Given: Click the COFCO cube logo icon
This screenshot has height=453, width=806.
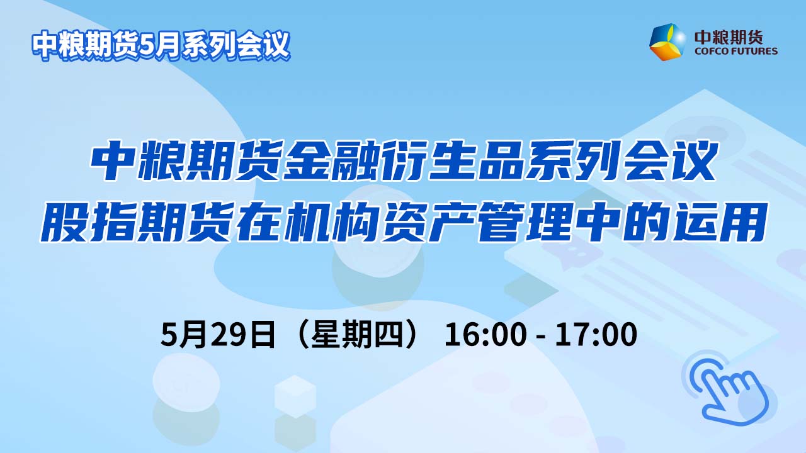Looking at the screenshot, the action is pos(667,42).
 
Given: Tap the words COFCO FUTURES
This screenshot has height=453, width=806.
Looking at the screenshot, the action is pos(736,51).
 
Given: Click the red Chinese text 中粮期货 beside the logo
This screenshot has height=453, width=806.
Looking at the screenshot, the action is pos(729,36).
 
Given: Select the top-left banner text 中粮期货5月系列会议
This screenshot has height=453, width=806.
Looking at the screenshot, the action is pos(161,45).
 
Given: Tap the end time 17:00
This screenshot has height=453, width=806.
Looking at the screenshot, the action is pos(596,335).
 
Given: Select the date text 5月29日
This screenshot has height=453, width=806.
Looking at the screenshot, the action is pos(218,335).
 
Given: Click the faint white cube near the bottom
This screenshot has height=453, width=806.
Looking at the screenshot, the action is pos(295,396).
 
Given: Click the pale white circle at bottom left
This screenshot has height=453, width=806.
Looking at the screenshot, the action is pos(186,382).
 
